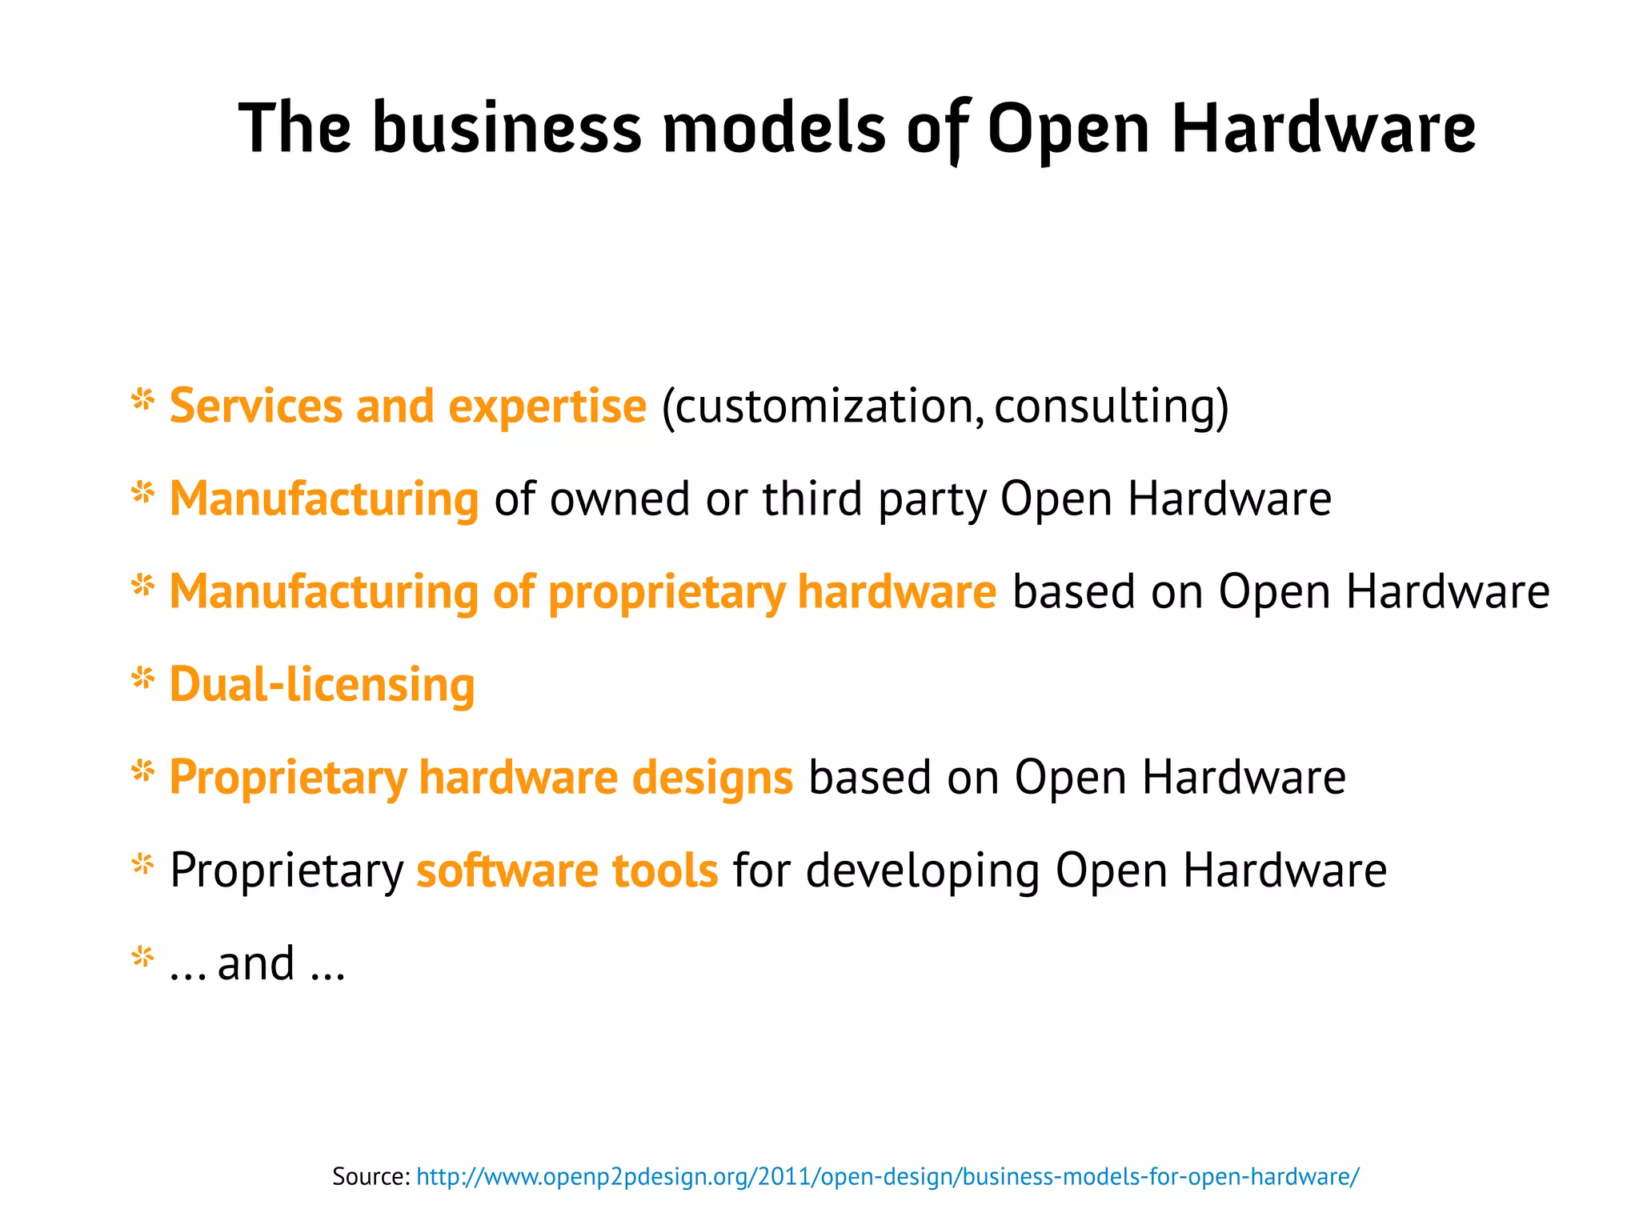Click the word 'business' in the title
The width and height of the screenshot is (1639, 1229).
point(507,128)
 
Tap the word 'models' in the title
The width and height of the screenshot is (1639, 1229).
point(774,128)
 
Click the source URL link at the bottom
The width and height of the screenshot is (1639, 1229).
point(888,1176)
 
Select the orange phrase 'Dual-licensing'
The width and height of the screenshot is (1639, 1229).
point(322,685)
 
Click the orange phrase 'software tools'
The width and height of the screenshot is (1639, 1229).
point(567,871)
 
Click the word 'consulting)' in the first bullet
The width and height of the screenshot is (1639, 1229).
point(1112,406)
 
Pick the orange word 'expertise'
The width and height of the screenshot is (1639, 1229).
point(547,406)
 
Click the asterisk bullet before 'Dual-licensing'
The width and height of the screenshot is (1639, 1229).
point(142,679)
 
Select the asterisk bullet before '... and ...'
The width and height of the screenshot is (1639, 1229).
point(142,957)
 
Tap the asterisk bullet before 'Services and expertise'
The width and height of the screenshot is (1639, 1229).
point(142,400)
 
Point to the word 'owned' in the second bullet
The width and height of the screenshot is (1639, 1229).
point(619,498)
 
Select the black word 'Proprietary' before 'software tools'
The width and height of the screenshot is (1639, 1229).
point(287,871)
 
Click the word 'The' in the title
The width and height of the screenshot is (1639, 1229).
point(295,128)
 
